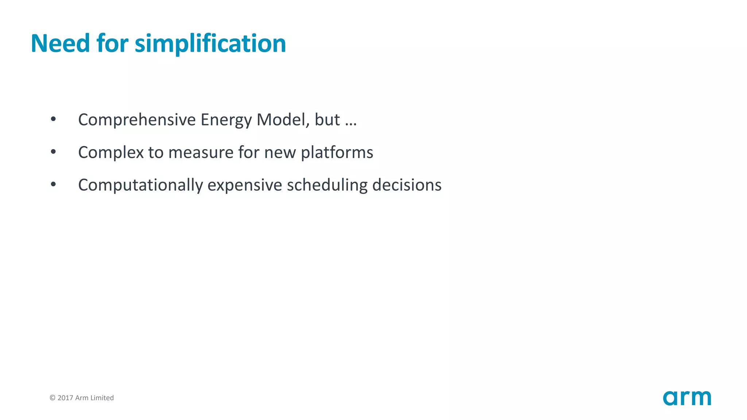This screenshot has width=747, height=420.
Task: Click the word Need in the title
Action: (x=60, y=43)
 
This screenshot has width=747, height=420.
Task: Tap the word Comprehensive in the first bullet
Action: (x=137, y=120)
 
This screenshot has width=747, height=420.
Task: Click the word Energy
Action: (x=226, y=120)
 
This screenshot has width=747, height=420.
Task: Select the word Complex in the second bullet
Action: (x=111, y=153)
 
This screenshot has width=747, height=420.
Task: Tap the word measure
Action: (x=201, y=153)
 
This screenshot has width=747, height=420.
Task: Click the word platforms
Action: (x=337, y=153)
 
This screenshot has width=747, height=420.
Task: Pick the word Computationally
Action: (x=140, y=185)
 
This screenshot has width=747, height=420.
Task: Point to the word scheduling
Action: (x=327, y=185)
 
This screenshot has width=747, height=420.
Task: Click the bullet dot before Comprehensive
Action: (x=53, y=119)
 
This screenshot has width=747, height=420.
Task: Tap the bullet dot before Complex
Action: (x=53, y=152)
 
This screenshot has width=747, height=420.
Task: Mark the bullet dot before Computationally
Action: (x=53, y=184)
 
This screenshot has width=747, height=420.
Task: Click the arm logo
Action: (x=687, y=398)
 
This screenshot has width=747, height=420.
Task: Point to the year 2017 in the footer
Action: (x=66, y=398)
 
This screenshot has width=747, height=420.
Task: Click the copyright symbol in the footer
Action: (x=53, y=398)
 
